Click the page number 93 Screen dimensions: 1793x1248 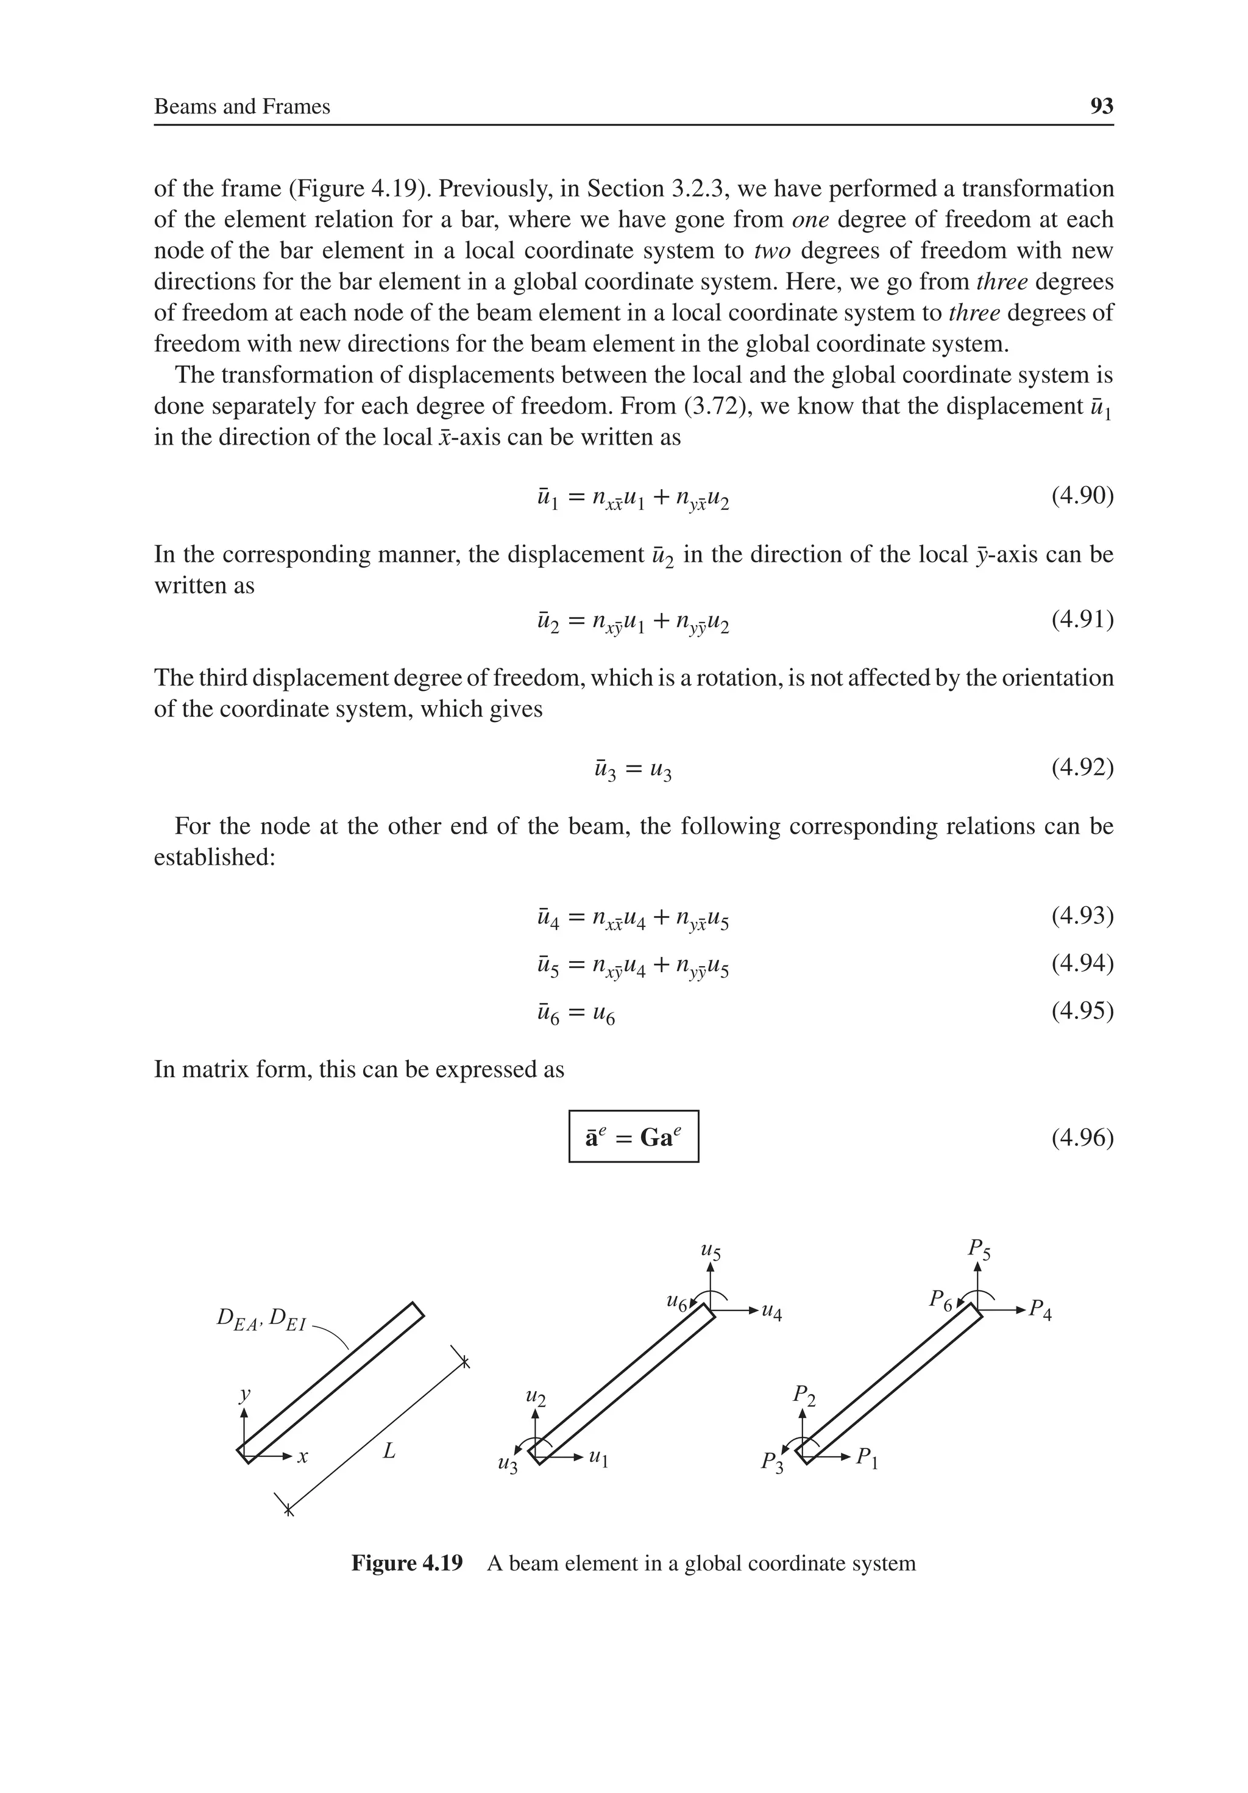[x=1101, y=106]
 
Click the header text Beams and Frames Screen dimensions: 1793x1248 [x=242, y=106]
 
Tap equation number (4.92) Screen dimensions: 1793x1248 [x=1082, y=768]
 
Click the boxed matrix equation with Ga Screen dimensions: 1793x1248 [x=633, y=1137]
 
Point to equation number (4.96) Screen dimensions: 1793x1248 [x=1082, y=1138]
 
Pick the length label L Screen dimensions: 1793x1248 [x=389, y=1451]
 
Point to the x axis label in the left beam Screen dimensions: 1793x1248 [x=303, y=1456]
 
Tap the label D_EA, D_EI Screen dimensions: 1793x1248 [x=261, y=1320]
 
